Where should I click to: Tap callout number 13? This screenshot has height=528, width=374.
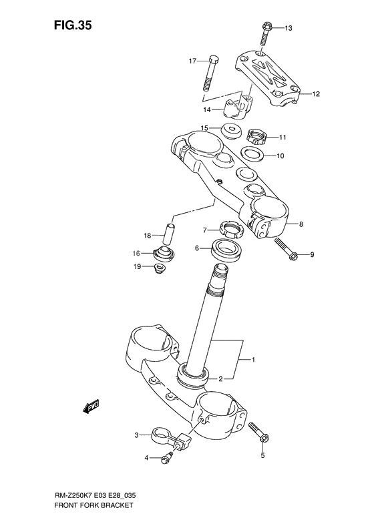289,28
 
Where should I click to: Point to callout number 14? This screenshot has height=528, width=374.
206,109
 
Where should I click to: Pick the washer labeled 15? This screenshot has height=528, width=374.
232,129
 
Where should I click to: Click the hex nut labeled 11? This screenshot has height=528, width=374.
258,136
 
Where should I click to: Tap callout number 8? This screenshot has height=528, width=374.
301,224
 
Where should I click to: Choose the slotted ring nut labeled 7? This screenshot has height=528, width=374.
230,231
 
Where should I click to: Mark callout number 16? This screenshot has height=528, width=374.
136,254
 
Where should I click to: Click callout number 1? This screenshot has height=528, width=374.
254,360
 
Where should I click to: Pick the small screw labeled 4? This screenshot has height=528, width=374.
168,457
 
